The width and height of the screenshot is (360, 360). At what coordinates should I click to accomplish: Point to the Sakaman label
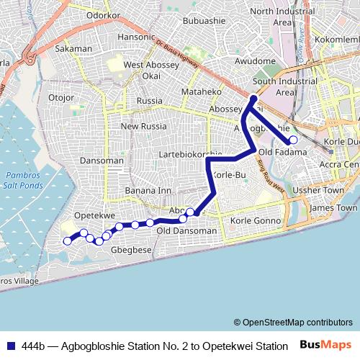point(73,49)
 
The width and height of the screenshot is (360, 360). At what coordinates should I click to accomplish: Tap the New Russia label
point(143,126)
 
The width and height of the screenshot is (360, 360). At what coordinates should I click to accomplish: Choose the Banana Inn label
point(148,190)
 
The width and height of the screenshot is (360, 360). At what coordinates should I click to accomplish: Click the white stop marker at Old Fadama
point(293,140)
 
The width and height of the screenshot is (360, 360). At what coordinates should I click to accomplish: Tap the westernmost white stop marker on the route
point(68,241)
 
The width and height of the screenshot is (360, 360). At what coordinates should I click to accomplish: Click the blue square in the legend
point(11,346)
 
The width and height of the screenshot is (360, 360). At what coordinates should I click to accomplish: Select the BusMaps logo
point(325,346)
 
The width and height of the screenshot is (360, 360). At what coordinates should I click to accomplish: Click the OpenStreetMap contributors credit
point(292,322)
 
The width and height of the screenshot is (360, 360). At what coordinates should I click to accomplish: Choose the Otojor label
point(60,96)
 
